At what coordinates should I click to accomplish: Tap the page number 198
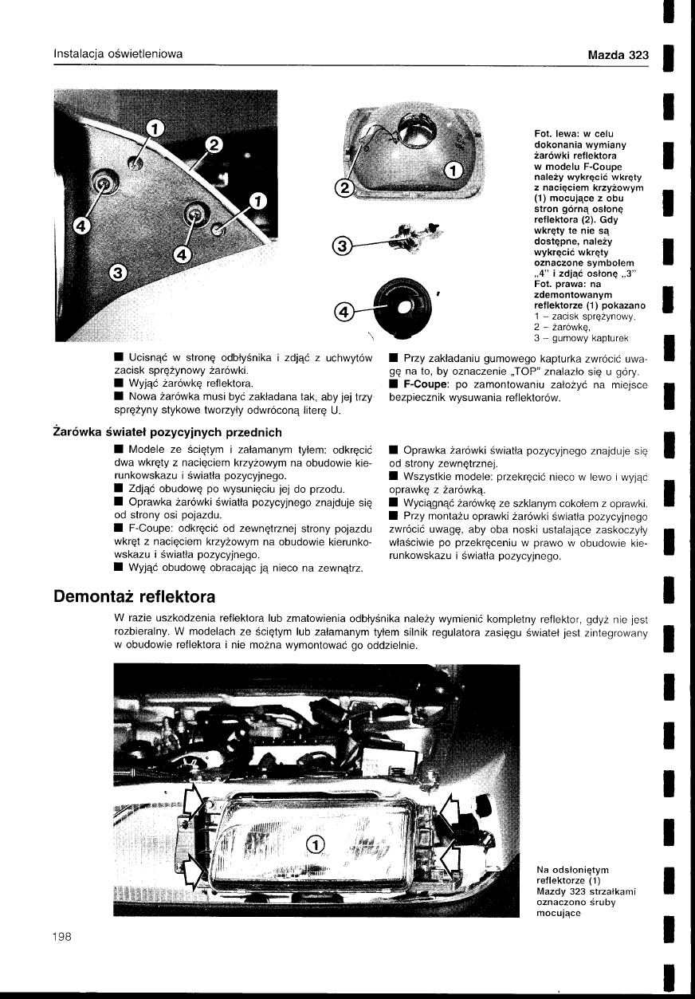click(x=62, y=937)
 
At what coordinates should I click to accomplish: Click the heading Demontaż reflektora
click(x=134, y=596)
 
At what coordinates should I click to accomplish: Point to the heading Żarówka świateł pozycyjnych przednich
click(x=167, y=432)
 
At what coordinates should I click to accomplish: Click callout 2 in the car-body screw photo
click(x=213, y=145)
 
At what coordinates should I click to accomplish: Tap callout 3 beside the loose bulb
click(x=341, y=247)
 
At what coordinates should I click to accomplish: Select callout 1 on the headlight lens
click(x=315, y=846)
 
